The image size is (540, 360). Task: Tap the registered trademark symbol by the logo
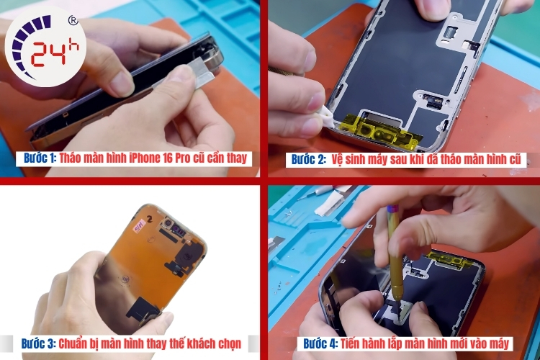[x=73, y=21]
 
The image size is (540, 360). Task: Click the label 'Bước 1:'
[x=40, y=158]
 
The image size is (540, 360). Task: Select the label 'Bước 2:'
[x=308, y=160]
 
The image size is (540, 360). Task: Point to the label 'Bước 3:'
[x=39, y=344]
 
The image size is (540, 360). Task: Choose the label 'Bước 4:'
[x=320, y=344]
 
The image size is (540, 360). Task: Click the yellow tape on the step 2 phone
[x=383, y=130]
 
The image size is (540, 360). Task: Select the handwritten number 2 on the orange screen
[x=150, y=218]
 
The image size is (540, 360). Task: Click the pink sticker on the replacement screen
[x=140, y=227]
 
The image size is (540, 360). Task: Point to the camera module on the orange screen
[x=168, y=223]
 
